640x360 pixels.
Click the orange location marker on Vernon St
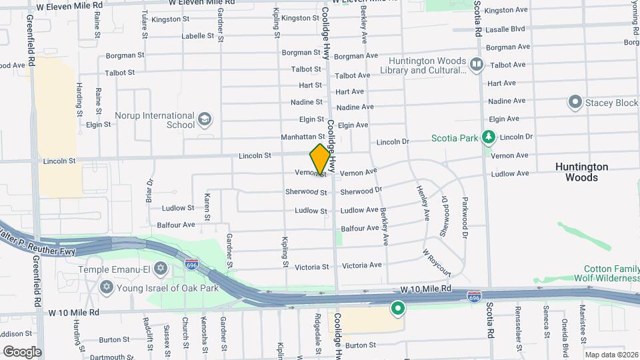(x=320, y=159)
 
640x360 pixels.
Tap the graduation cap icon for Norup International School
(x=205, y=120)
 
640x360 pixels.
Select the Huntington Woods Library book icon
(x=476, y=65)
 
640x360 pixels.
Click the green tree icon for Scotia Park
(x=489, y=137)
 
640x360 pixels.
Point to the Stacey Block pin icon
(x=575, y=103)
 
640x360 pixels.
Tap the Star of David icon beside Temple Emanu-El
(x=159, y=269)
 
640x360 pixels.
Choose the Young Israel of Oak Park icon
(x=105, y=288)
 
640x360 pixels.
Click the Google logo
(x=22, y=352)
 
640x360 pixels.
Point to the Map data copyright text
(x=611, y=355)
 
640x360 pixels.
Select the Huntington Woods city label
(x=581, y=172)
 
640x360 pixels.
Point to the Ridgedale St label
(x=317, y=327)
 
